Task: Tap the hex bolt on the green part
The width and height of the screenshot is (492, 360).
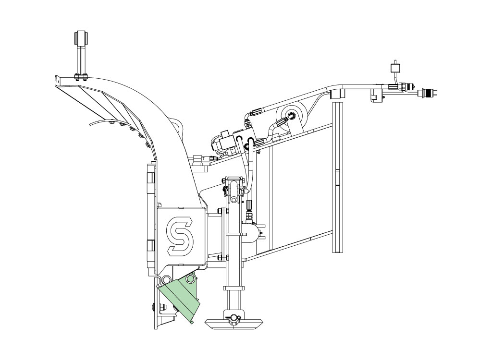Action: point(189,279)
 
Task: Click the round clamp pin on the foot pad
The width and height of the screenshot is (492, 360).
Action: point(233,318)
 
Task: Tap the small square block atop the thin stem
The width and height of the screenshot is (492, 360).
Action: point(394,68)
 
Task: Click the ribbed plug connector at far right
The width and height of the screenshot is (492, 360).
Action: point(427,92)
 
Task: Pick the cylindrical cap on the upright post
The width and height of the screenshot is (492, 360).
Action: point(81,38)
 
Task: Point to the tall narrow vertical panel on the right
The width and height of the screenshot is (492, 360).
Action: point(337,177)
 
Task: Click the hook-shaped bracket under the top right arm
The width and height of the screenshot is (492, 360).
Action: point(375,96)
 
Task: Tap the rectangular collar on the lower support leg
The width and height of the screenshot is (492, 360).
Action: point(234,288)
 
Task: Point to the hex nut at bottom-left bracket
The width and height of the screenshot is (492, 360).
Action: point(163,307)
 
